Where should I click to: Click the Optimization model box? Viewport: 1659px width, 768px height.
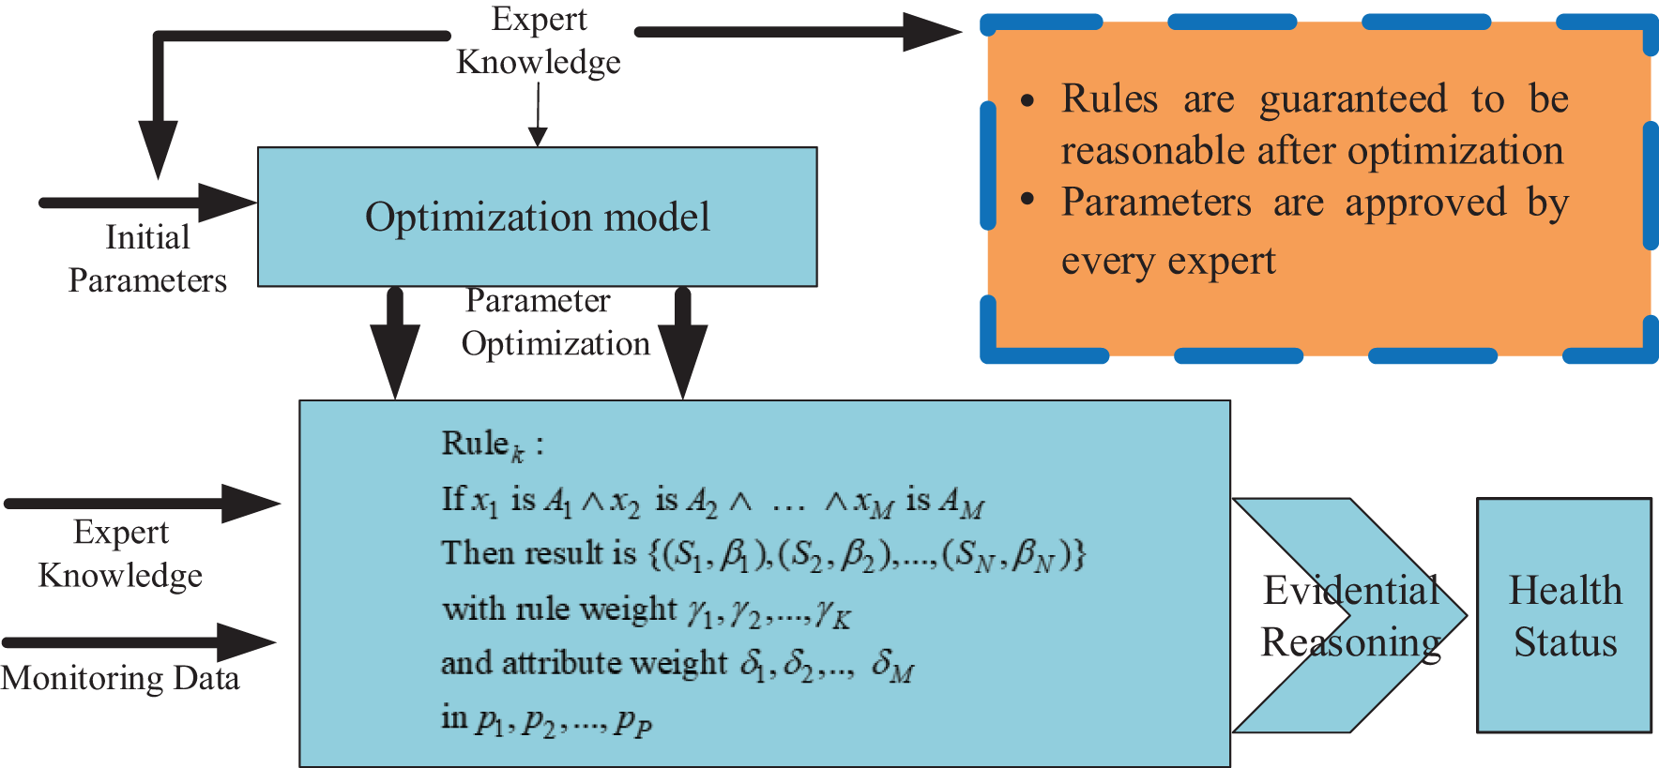(537, 217)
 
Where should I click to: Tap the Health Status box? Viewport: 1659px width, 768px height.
(1564, 615)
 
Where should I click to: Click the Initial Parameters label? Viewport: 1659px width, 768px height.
(147, 259)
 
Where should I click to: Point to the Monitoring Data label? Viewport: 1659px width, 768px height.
(120, 678)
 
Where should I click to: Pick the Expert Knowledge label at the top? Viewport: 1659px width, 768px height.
(539, 40)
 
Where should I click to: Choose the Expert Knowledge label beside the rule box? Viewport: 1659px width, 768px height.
(121, 553)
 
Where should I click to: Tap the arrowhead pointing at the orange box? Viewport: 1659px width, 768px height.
(931, 32)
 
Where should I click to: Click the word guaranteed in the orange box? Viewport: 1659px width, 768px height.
(1352, 99)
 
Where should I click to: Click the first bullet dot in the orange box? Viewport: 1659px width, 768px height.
(1027, 100)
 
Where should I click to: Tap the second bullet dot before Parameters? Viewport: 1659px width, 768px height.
(1027, 199)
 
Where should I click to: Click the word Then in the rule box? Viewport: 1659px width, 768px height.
(473, 553)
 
